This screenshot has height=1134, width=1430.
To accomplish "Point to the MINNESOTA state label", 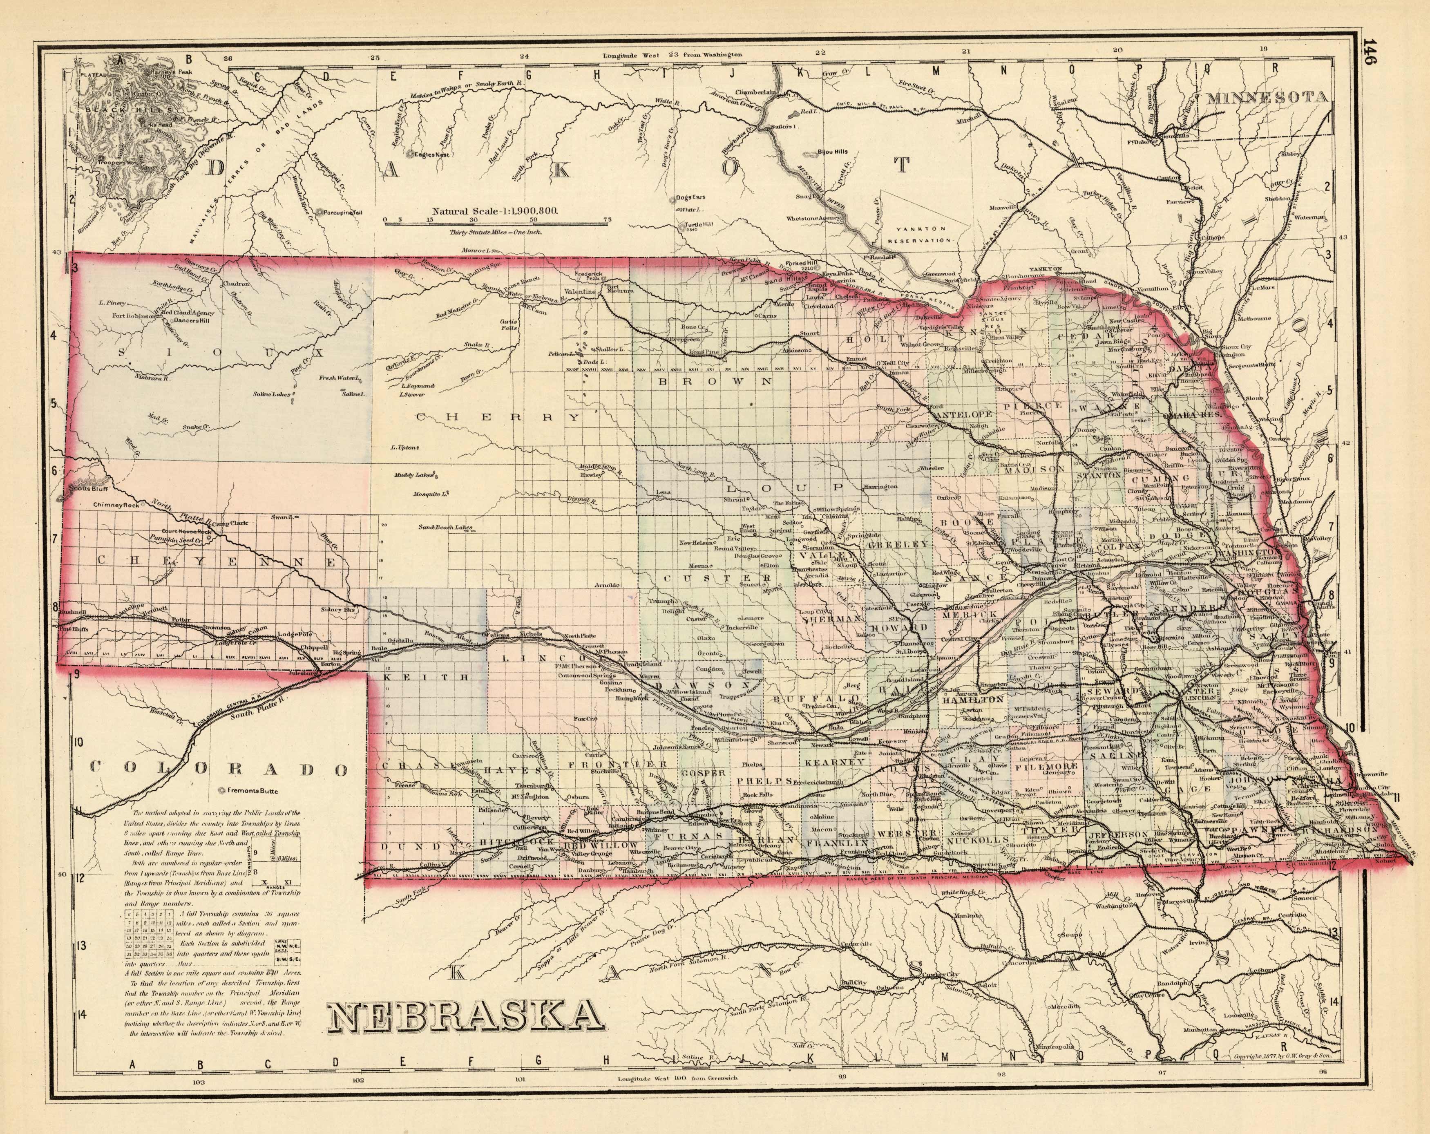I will pyautogui.click(x=1267, y=98).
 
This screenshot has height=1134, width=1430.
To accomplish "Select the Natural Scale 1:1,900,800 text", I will pyautogui.click(x=495, y=210).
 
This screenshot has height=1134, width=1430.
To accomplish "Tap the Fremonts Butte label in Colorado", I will pyautogui.click(x=252, y=791).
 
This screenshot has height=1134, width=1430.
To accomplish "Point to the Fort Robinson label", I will pyautogui.click(x=135, y=316).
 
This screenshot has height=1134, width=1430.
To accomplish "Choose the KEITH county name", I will pyautogui.click(x=427, y=678).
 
